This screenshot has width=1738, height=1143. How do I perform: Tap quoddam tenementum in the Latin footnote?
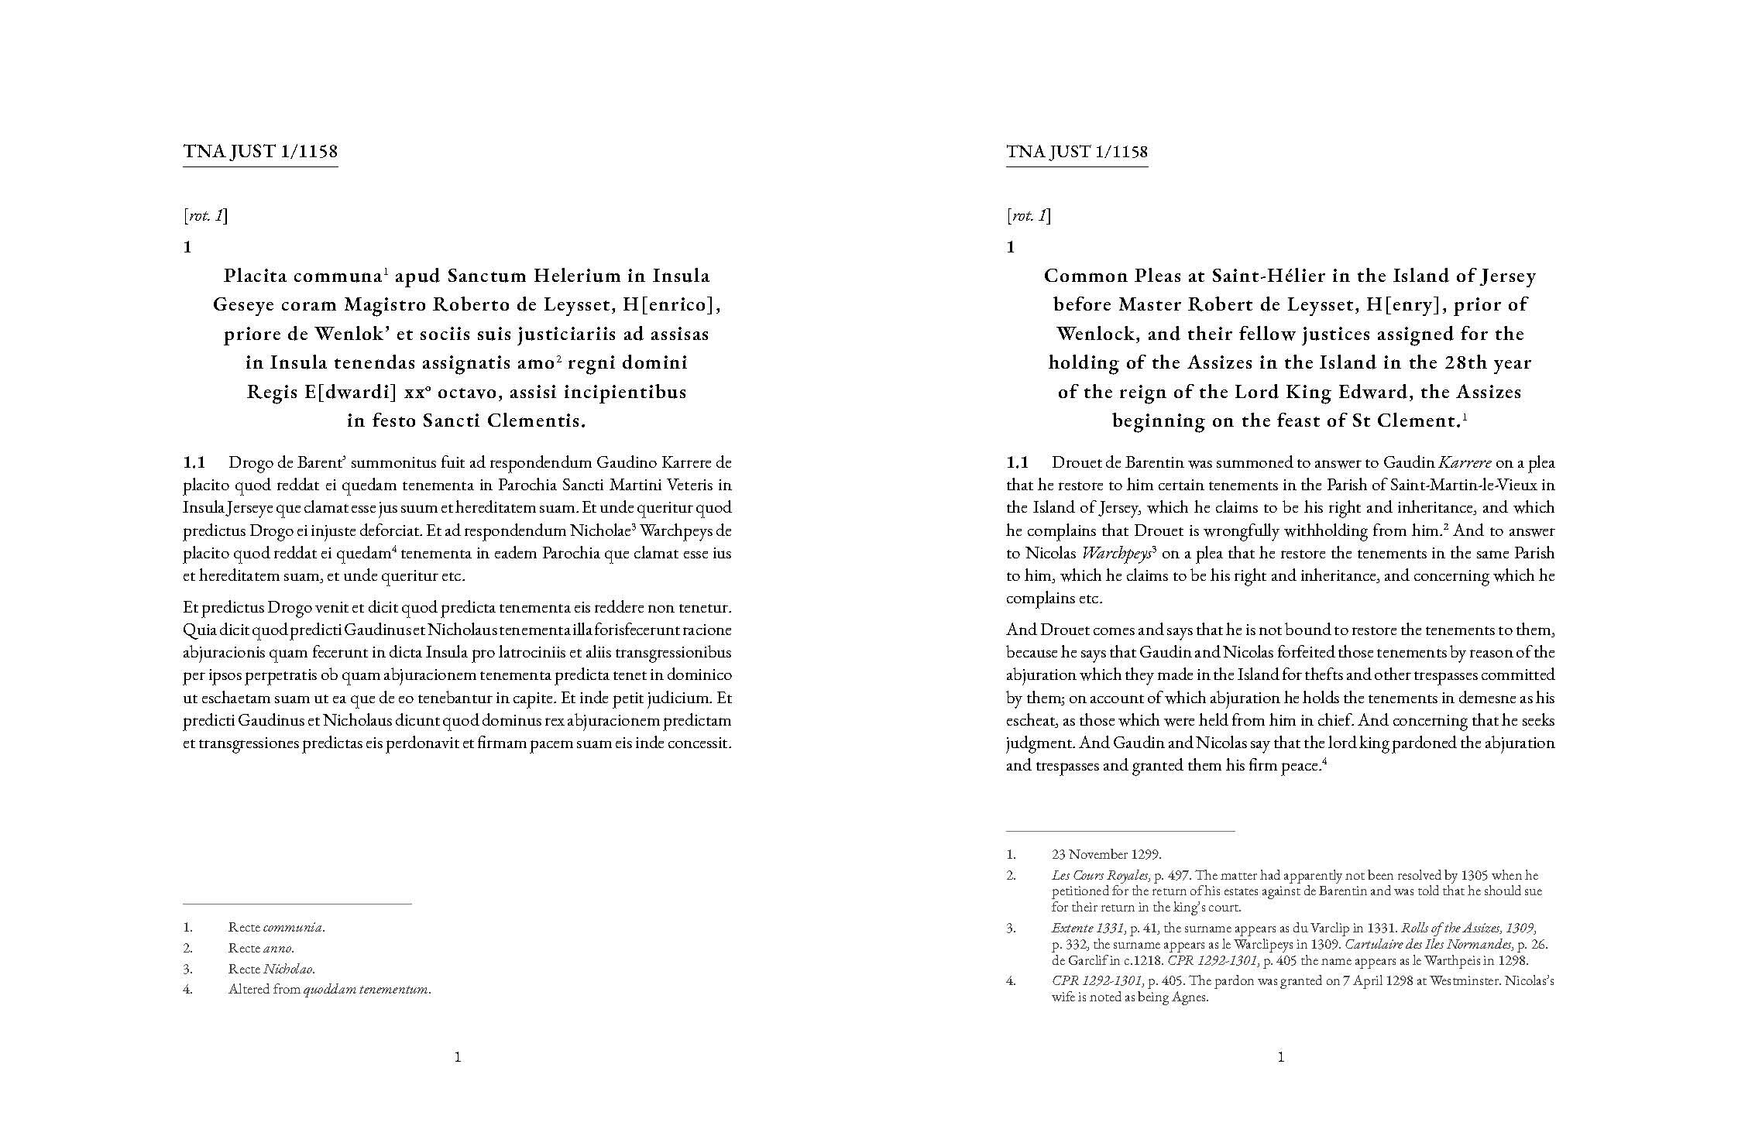tap(366, 990)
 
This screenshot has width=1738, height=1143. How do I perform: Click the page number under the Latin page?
tap(458, 1057)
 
